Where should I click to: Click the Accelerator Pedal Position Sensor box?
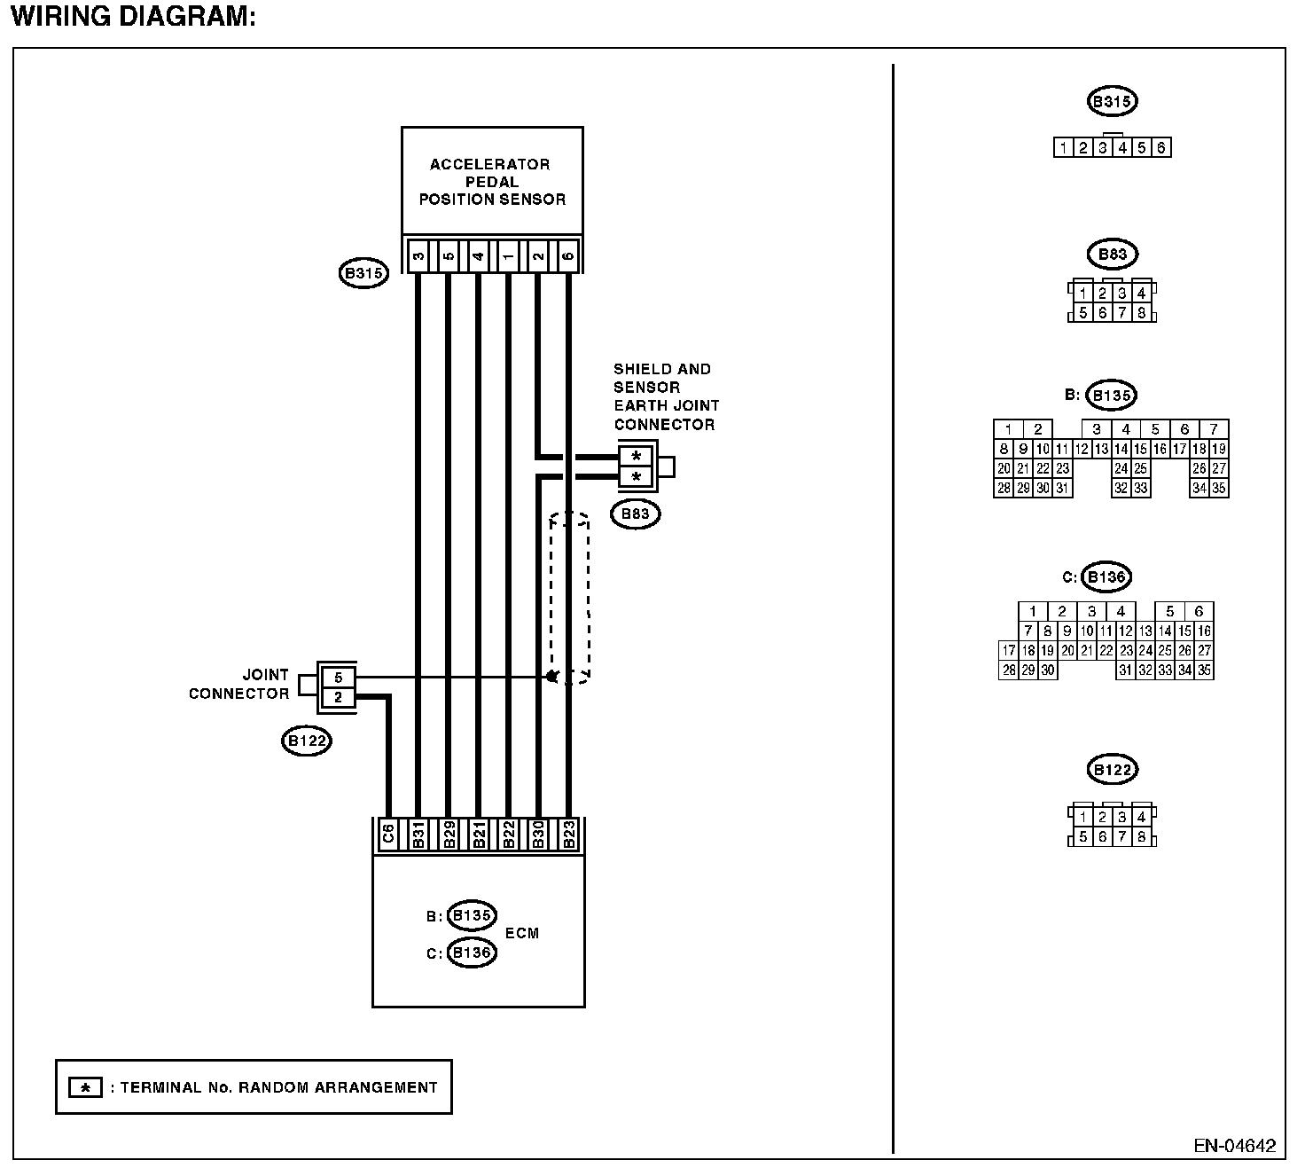point(492,182)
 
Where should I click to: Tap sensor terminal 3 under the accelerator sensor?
point(418,257)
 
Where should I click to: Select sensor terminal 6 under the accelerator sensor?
point(568,257)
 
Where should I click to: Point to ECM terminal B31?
point(418,835)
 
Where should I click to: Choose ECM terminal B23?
point(569,835)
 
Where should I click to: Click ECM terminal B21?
point(479,835)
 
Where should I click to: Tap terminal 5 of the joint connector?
point(338,678)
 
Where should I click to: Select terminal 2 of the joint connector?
point(338,697)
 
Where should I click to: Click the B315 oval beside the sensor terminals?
point(363,273)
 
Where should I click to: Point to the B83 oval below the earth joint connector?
point(636,514)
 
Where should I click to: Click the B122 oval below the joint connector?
point(306,741)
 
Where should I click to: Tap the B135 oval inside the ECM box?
point(472,915)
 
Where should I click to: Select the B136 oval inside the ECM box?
point(472,953)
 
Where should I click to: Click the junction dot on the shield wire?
point(551,677)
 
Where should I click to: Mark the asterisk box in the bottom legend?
point(85,1087)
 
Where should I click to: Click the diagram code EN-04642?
point(1234,1145)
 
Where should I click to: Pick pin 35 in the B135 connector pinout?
point(1219,488)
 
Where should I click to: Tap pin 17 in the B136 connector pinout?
point(1008,651)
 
